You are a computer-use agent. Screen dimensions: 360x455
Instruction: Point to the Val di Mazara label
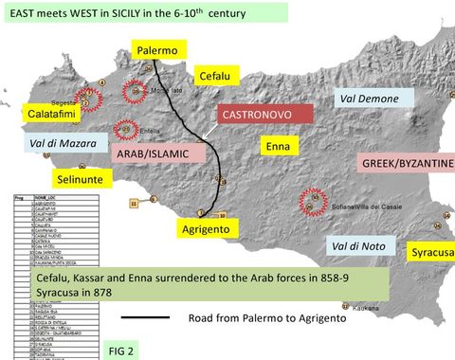61,145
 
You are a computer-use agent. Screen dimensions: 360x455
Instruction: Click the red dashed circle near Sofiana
310,201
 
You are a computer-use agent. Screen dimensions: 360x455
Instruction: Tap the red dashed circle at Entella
125,130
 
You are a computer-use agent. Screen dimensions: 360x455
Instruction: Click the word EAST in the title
22,12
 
